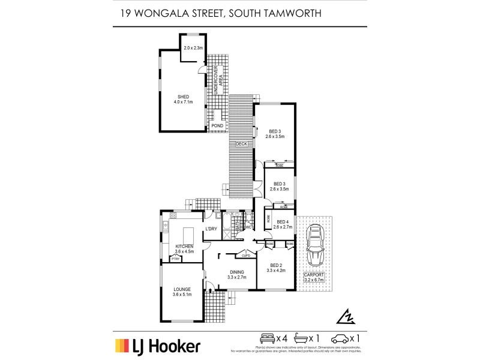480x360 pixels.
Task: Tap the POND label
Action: click(x=217, y=126)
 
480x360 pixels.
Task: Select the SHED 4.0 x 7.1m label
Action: click(x=184, y=99)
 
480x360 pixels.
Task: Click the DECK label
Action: click(x=241, y=144)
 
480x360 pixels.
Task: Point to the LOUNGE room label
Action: click(x=181, y=292)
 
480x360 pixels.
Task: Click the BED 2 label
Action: click(x=276, y=268)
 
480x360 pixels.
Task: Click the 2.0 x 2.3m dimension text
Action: click(x=194, y=47)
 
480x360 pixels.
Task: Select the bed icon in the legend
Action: click(x=266, y=337)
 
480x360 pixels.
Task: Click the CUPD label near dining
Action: click(x=245, y=256)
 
